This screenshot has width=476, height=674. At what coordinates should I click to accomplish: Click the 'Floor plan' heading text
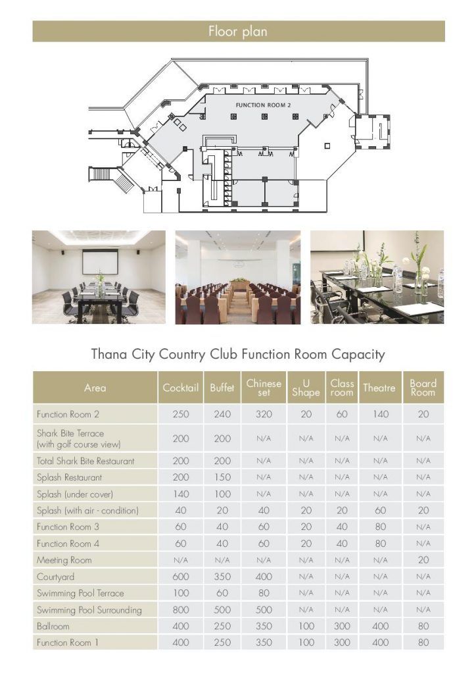click(x=238, y=31)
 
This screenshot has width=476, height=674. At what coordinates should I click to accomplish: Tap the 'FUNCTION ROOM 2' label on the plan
click(x=263, y=105)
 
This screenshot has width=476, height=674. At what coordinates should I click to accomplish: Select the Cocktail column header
click(x=180, y=388)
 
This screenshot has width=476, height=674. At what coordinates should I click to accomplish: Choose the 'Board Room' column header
click(x=423, y=388)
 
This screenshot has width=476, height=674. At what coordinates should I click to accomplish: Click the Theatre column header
click(x=379, y=388)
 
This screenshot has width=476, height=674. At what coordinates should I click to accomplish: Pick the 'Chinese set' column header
click(x=264, y=388)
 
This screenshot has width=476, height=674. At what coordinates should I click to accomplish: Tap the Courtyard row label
click(x=56, y=577)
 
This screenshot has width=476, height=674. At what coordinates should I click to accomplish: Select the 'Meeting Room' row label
click(x=64, y=560)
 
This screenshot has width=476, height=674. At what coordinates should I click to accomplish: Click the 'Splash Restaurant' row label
click(x=70, y=477)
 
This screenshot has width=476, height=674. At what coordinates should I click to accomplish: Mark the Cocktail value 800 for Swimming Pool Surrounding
click(x=180, y=610)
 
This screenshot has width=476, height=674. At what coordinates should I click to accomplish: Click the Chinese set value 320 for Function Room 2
click(x=264, y=415)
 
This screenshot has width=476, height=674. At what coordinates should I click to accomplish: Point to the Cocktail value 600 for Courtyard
click(x=180, y=577)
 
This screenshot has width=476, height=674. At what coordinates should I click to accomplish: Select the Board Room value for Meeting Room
click(x=423, y=560)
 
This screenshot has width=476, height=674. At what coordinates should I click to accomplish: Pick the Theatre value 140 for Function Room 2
click(x=380, y=415)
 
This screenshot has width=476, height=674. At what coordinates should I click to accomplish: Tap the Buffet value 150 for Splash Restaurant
click(x=222, y=477)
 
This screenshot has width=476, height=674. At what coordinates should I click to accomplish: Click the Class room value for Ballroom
click(x=342, y=627)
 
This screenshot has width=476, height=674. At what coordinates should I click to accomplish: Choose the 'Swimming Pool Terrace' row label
click(x=80, y=593)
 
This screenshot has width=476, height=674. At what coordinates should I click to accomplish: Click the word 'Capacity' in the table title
click(x=358, y=354)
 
